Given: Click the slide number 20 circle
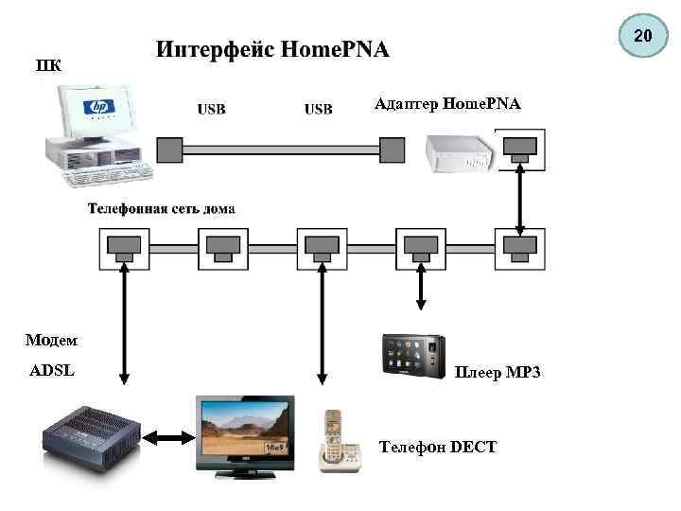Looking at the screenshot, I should point(642,36).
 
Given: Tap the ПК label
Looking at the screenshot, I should point(50,65).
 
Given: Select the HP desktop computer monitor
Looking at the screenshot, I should point(96,112).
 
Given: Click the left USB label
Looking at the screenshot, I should point(211,109).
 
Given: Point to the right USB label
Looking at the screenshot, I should point(318,109).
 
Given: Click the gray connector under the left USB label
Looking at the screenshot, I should point(169,150).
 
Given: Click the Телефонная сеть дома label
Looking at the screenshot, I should point(162,208).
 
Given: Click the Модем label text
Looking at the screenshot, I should point(51,340).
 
